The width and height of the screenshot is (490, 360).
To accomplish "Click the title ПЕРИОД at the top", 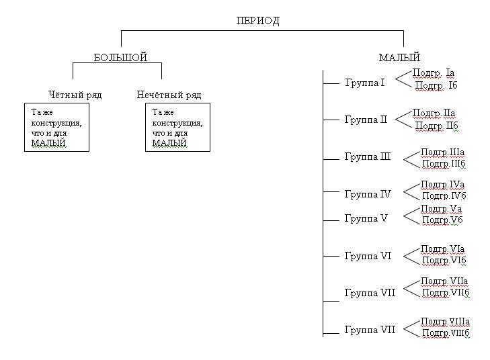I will [x=258, y=21].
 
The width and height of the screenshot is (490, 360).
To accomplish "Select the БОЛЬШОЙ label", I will [x=120, y=58].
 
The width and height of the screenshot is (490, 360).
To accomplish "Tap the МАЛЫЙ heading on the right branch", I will [x=399, y=58].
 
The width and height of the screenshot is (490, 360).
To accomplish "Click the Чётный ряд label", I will [x=75, y=95].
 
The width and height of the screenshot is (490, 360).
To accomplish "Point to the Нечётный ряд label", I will [x=169, y=95].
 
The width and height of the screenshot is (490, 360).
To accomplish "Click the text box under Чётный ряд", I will [x=56, y=127].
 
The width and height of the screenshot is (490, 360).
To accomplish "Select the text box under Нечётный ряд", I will [x=177, y=127].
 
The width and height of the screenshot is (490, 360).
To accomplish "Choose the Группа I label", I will [x=365, y=83].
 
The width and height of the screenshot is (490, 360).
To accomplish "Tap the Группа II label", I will [x=366, y=120].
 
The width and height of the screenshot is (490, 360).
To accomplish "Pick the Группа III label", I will [x=367, y=157].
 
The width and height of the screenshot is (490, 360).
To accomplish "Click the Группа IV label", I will [x=367, y=194].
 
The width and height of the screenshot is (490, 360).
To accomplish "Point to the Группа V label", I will [x=366, y=218].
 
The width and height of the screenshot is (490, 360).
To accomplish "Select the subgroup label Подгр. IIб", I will [x=436, y=126].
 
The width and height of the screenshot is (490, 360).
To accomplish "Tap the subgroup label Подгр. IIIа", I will [x=442, y=152].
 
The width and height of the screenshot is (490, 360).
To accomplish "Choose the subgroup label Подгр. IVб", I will [x=444, y=196].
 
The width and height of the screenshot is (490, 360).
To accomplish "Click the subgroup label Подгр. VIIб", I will [x=445, y=292].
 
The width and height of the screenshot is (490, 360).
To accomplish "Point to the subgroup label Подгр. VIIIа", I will [x=445, y=322].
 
